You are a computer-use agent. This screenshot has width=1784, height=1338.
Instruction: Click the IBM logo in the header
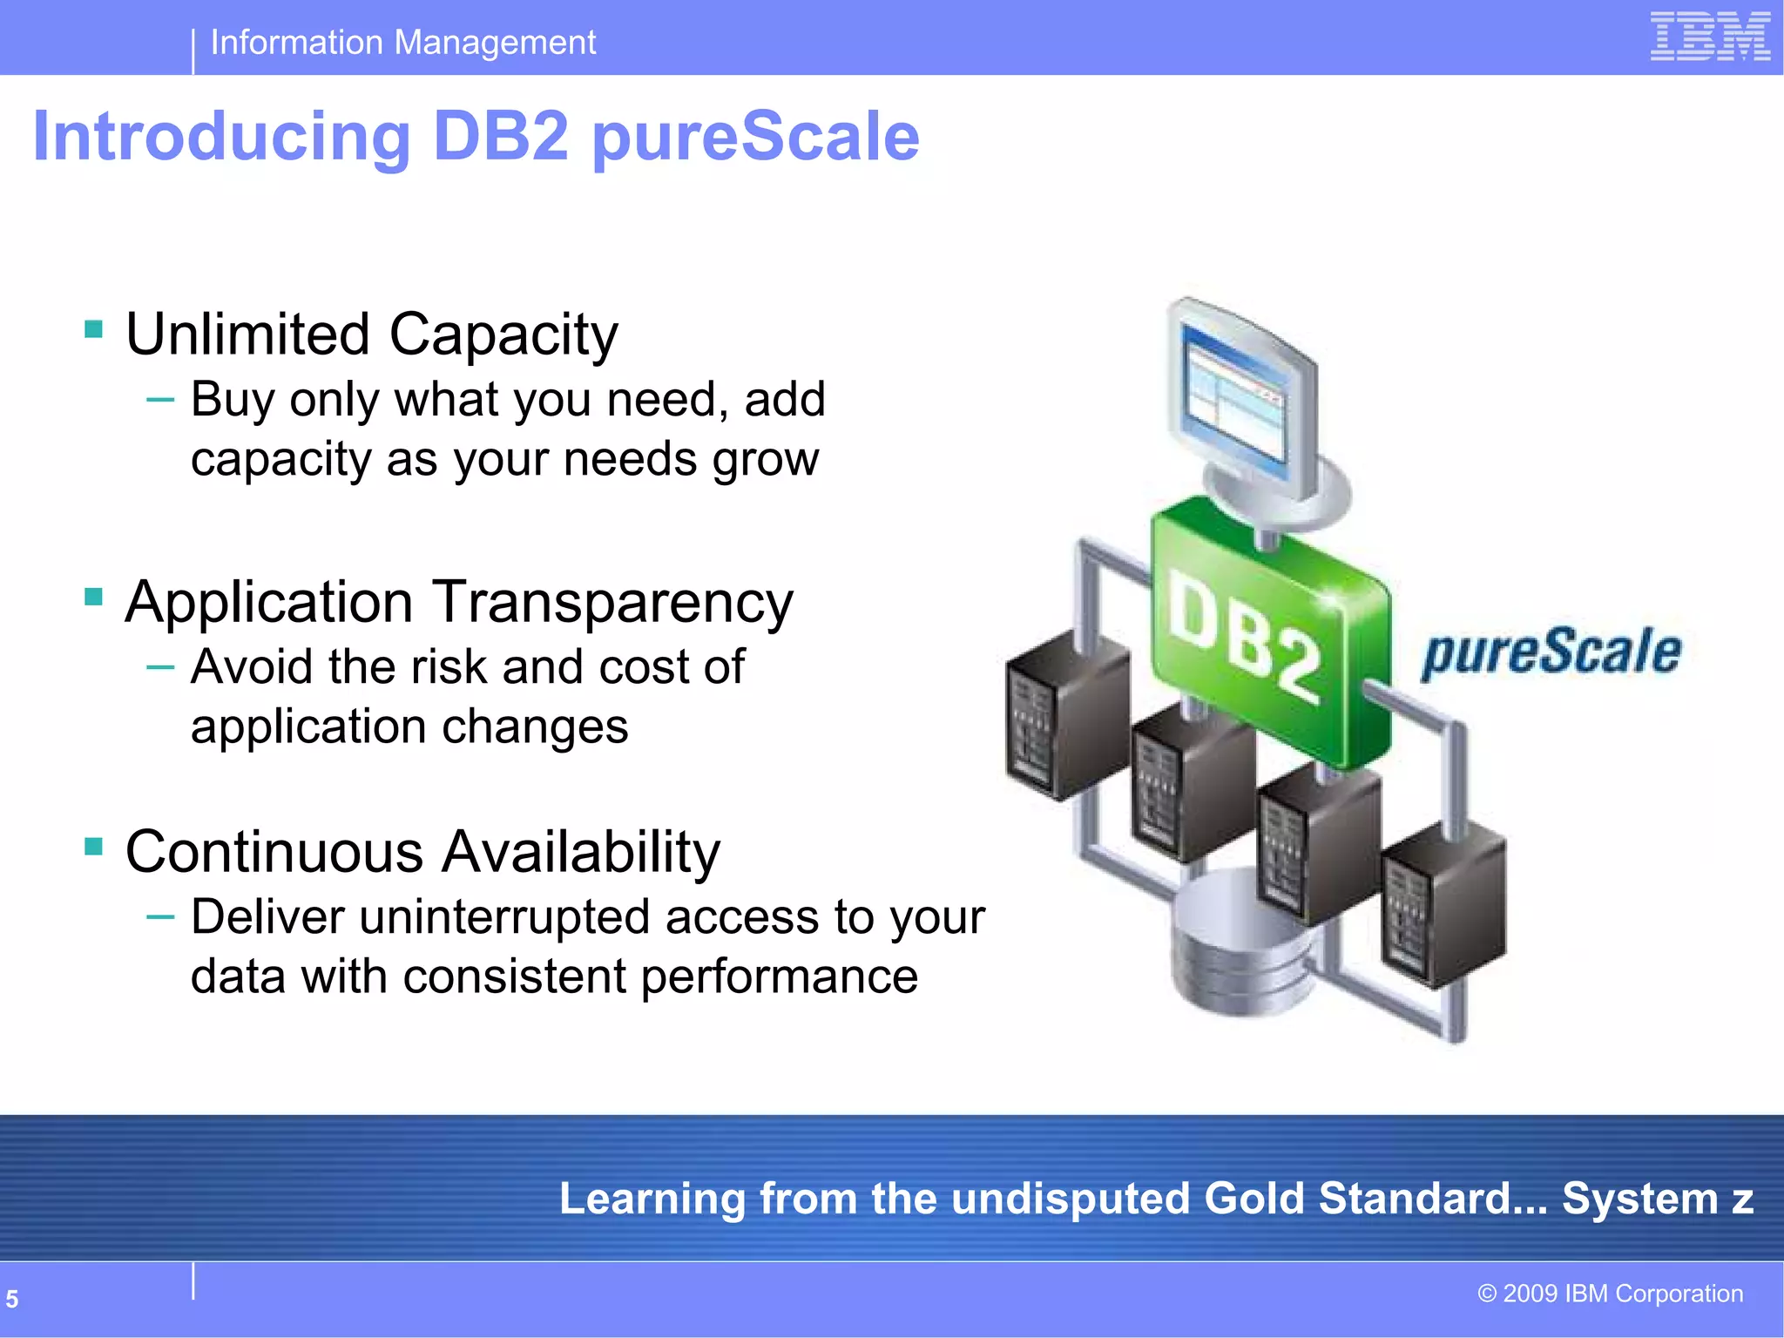pyautogui.click(x=1710, y=37)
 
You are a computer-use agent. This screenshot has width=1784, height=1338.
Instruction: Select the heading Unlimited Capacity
pyautogui.click(x=372, y=334)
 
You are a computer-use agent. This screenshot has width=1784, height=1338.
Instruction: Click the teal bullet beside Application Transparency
pyautogui.click(x=94, y=597)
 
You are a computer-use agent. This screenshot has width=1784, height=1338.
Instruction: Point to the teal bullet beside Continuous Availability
pyautogui.click(x=94, y=846)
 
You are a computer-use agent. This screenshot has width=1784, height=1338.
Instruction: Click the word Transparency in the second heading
pyautogui.click(x=613, y=603)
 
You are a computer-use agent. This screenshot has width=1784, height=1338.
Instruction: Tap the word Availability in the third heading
pyautogui.click(x=581, y=852)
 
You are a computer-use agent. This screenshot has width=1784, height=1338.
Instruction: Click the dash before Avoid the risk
pyautogui.click(x=161, y=667)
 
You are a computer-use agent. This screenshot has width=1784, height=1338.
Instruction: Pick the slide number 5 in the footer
pyautogui.click(x=12, y=1299)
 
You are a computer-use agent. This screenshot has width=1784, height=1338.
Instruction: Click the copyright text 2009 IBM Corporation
pyautogui.click(x=1611, y=1294)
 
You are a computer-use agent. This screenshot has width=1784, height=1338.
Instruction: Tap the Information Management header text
pyautogui.click(x=403, y=42)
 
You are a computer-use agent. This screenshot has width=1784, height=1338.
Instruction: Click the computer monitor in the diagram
pyautogui.click(x=1240, y=401)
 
